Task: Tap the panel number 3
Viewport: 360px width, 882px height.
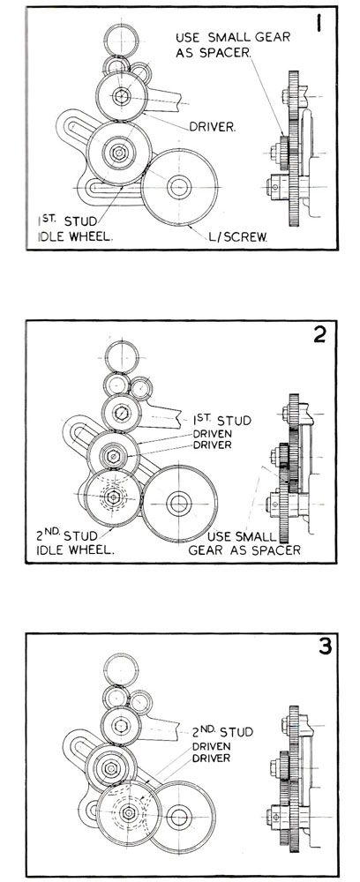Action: pos(324,647)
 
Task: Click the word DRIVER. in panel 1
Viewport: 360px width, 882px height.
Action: pos(212,127)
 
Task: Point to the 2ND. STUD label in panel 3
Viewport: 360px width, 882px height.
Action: pos(222,731)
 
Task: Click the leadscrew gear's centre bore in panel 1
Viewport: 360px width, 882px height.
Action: pos(179,187)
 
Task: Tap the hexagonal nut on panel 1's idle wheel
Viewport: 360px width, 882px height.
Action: pos(118,152)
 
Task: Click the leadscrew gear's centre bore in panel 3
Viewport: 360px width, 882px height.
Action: pos(179,817)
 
